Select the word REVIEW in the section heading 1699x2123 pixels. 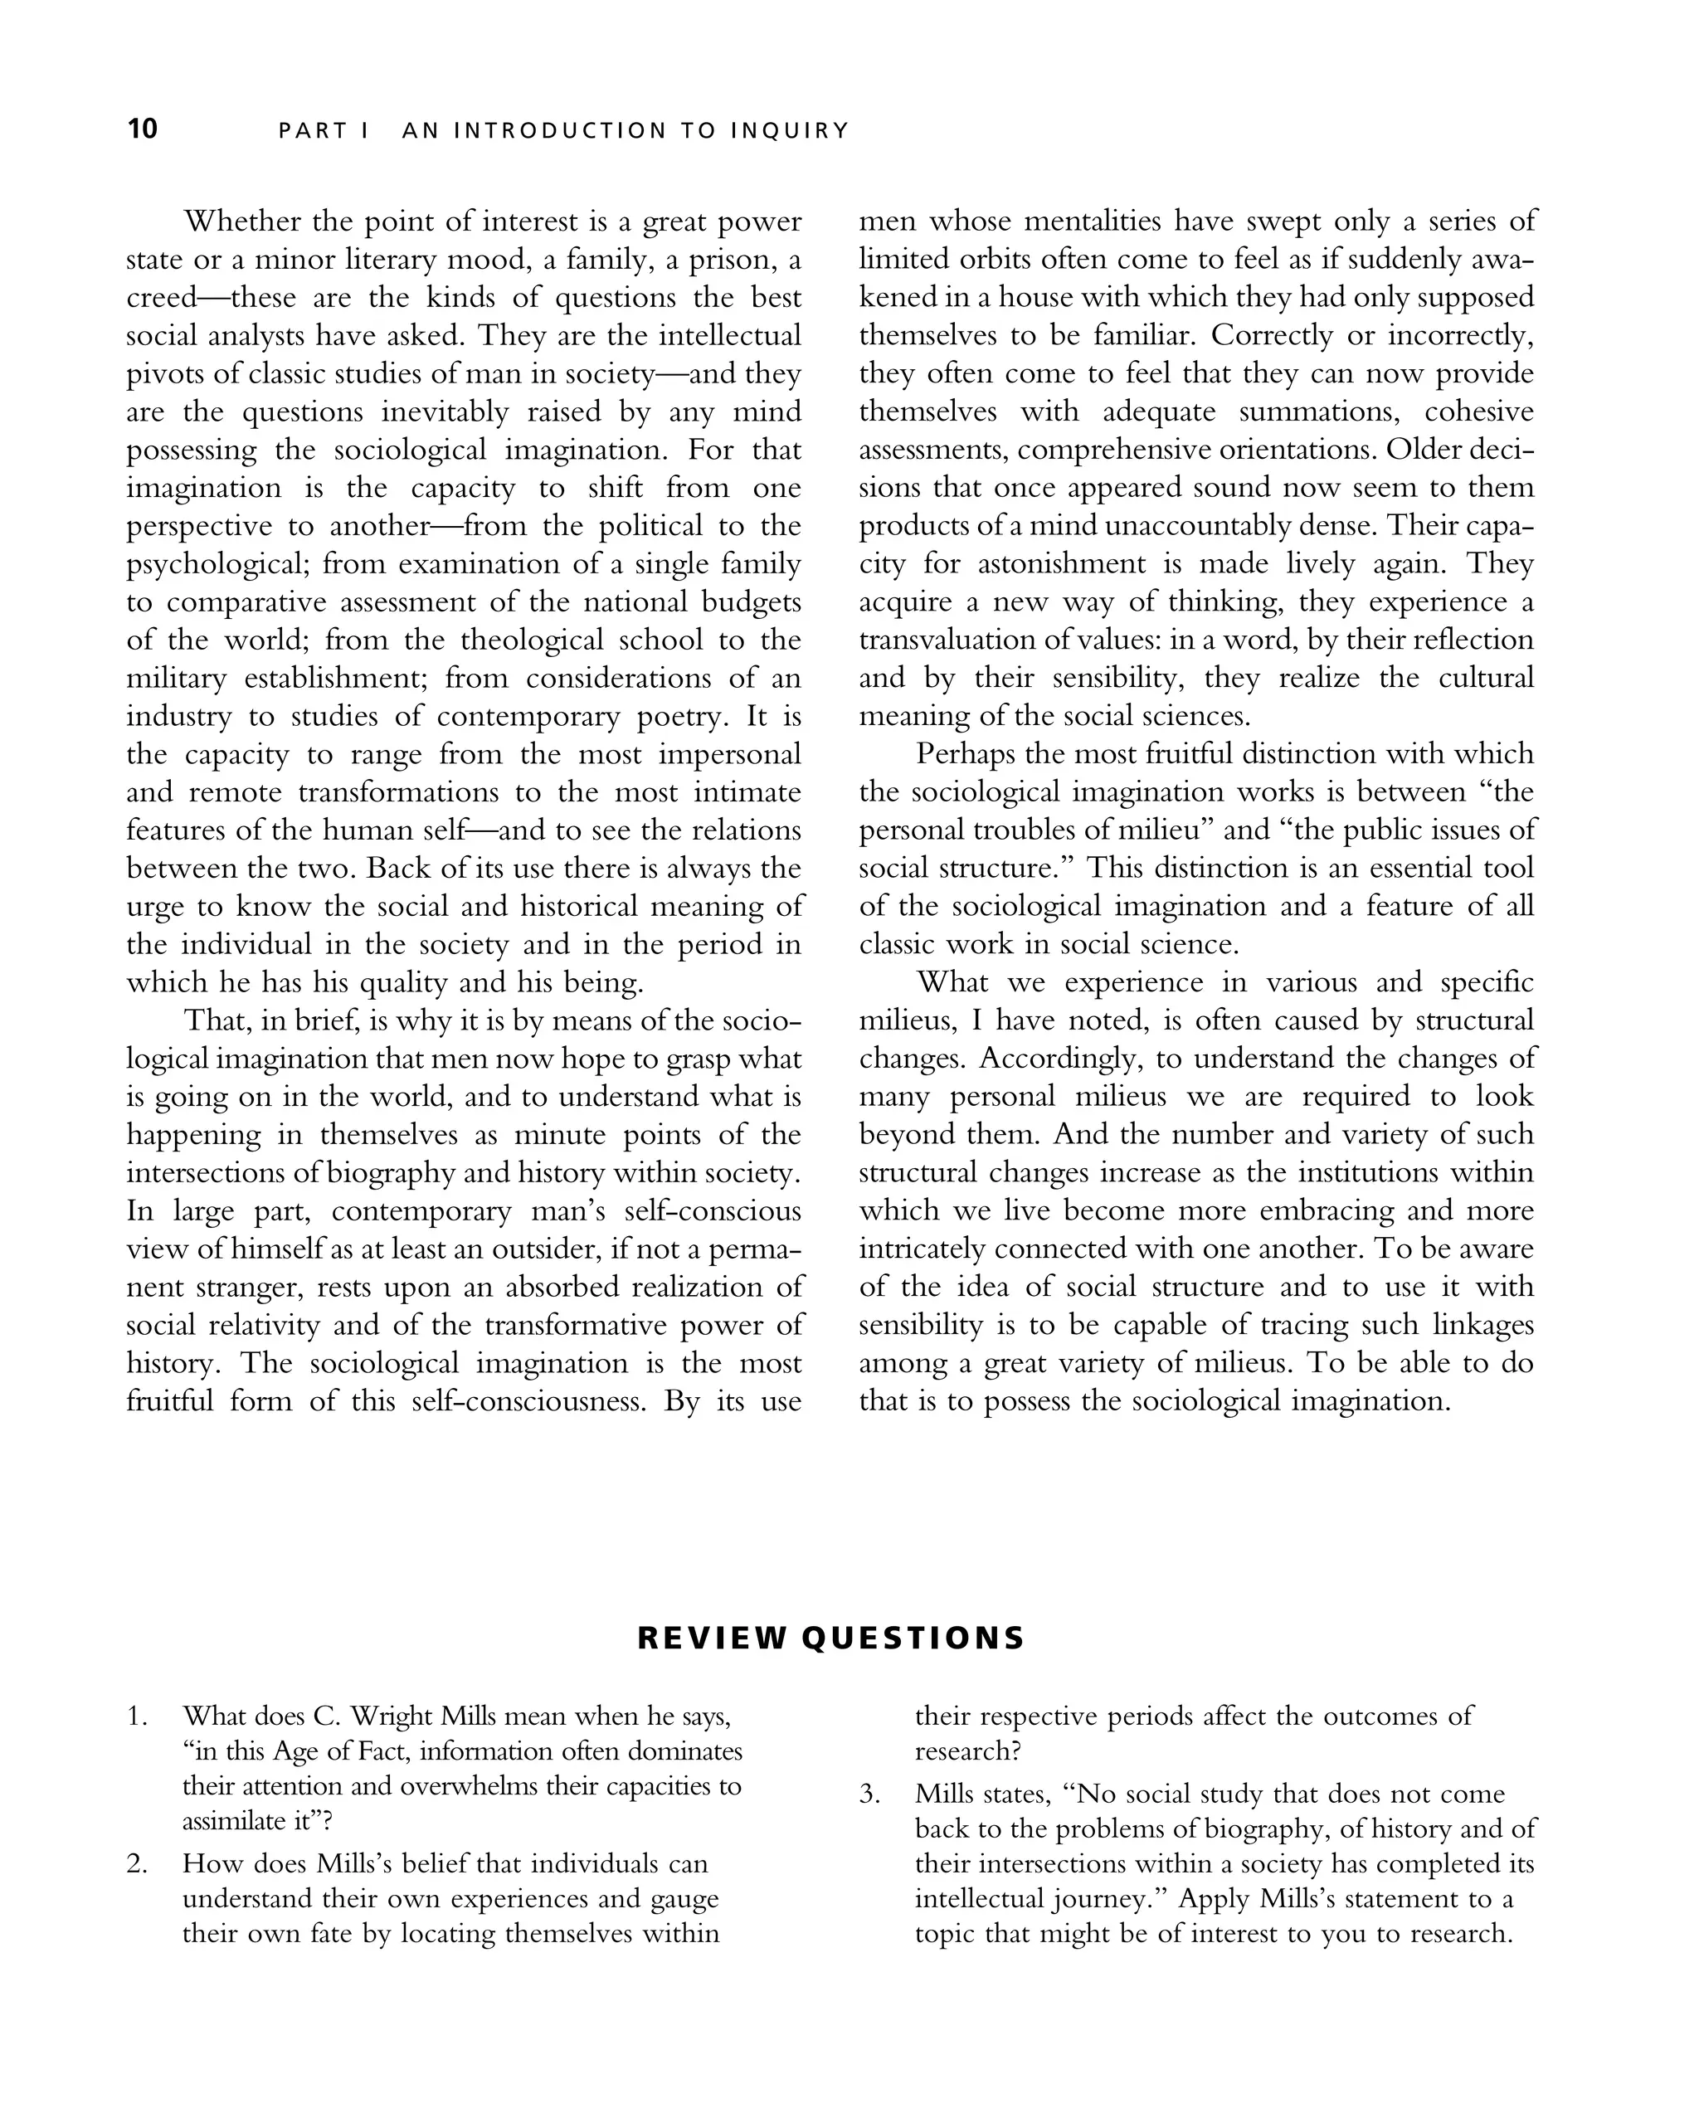[x=712, y=1638]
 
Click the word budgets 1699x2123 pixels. [x=751, y=601]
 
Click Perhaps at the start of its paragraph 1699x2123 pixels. [x=964, y=754]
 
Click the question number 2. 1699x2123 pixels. [x=136, y=1864]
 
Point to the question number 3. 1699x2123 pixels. [x=869, y=1794]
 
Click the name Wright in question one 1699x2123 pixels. [x=391, y=1716]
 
